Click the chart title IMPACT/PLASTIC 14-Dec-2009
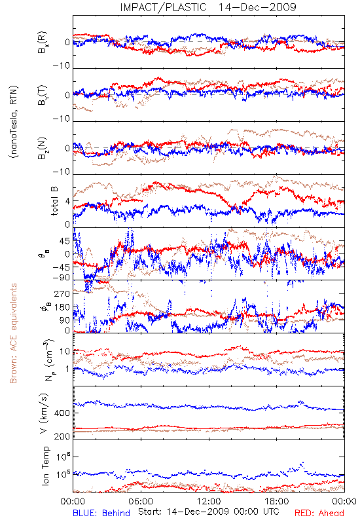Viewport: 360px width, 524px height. point(208,7)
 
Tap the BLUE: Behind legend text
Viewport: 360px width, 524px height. point(101,513)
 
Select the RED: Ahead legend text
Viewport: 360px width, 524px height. point(319,513)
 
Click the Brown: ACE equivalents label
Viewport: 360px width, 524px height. point(13,333)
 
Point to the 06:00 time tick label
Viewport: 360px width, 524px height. point(141,501)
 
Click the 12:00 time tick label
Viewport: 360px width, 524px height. point(209,501)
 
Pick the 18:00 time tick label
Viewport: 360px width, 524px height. point(276,501)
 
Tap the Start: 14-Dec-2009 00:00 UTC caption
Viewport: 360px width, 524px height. point(209,512)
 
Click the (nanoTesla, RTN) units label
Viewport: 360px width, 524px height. point(14,121)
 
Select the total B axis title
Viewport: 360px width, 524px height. point(54,200)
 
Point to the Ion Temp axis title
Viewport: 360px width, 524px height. point(45,466)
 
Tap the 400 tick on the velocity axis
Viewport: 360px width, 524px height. point(62,413)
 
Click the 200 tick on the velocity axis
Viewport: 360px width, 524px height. point(62,436)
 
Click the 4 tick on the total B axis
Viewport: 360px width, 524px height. point(68,202)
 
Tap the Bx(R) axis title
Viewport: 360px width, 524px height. point(43,43)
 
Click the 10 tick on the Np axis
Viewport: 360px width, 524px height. point(65,352)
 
